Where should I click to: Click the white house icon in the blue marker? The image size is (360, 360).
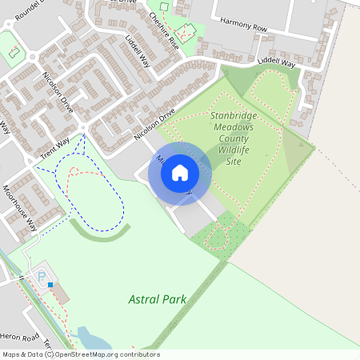(180, 172)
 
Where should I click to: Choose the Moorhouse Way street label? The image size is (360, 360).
(19, 211)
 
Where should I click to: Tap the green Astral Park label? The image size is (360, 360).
(157, 299)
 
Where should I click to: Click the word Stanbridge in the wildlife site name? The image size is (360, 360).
(234, 116)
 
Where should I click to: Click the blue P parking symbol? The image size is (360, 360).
(41, 277)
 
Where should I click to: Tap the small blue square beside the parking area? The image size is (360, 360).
(50, 284)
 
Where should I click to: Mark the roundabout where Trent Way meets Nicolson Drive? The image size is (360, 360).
(82, 128)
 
